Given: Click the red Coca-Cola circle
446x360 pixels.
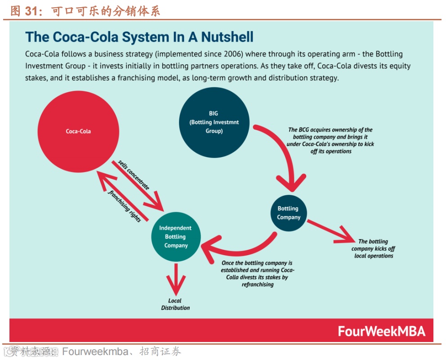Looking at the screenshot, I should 78,131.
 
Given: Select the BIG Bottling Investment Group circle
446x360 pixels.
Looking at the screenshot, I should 214,122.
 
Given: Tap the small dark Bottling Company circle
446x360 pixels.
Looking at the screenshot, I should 289,213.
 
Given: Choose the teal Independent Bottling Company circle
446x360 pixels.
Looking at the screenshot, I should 175,237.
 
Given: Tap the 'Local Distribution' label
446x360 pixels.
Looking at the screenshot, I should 175,304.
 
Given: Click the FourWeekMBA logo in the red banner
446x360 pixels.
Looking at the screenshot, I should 381,332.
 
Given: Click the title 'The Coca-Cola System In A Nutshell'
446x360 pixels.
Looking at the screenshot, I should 139,37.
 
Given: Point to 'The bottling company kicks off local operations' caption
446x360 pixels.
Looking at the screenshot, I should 373,248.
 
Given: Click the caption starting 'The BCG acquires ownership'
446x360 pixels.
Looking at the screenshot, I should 330,140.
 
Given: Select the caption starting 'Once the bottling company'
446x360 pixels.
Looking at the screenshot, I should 257,274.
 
